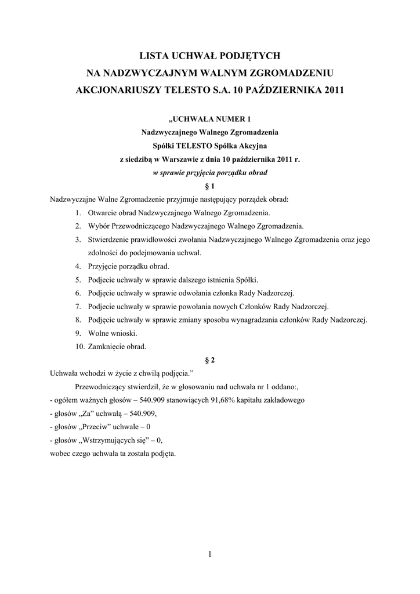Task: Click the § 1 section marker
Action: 210,186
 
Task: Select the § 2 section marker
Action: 210,360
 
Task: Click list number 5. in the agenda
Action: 78,280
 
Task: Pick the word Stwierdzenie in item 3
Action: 108,240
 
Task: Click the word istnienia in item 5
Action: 222,280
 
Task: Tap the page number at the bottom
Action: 210,555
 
